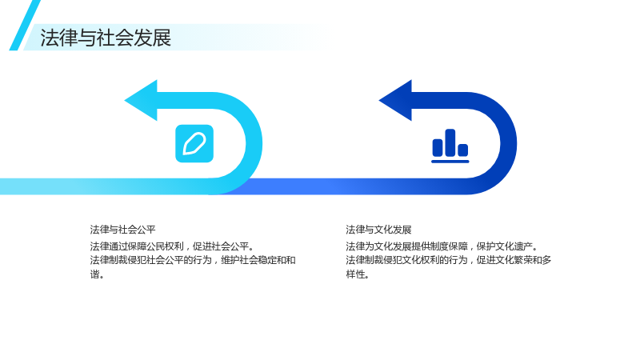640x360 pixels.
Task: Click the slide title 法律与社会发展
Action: (106, 38)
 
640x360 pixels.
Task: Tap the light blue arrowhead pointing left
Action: (144, 101)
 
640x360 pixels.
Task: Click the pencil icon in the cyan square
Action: (194, 144)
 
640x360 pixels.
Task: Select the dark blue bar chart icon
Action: (450, 146)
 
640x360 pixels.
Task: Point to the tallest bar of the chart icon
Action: (450, 142)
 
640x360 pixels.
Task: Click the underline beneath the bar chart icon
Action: (450, 162)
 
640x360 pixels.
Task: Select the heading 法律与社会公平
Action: (123, 230)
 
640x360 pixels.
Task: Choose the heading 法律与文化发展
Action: (378, 230)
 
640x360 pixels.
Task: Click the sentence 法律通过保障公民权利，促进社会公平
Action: (172, 246)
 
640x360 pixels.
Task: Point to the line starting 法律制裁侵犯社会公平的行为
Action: (193, 260)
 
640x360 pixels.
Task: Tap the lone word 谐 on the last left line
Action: (94, 274)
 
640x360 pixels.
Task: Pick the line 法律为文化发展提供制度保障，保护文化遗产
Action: (442, 246)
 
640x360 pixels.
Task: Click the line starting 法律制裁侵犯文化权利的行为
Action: (449, 260)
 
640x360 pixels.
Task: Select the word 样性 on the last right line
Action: (355, 274)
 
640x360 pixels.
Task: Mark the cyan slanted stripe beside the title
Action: (25, 26)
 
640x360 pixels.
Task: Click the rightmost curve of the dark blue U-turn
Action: (508, 143)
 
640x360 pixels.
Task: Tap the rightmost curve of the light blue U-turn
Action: (254, 143)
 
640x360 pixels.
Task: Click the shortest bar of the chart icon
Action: (463, 150)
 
